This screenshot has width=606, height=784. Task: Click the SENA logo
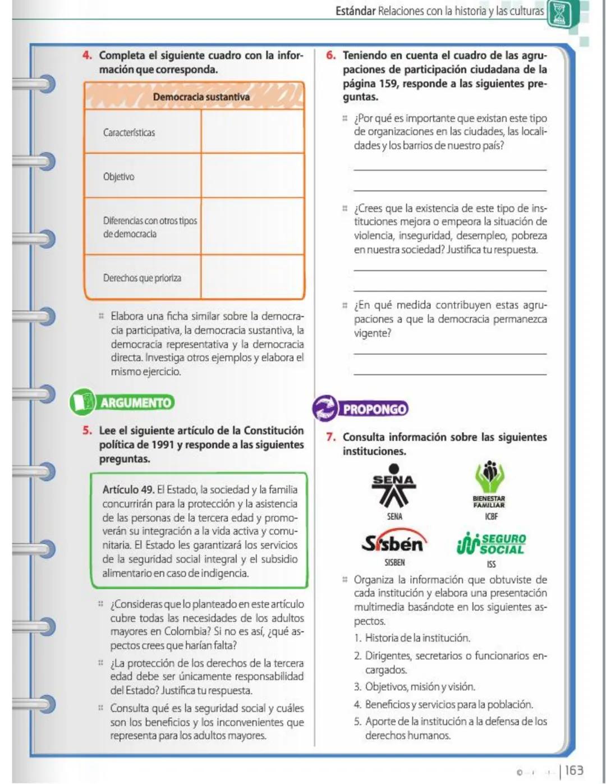point(394,486)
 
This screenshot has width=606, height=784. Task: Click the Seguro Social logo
point(492,543)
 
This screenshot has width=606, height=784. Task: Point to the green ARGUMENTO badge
point(122,402)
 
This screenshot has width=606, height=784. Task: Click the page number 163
point(573,771)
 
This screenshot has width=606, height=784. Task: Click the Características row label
point(129,133)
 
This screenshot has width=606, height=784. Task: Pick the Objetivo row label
point(118,177)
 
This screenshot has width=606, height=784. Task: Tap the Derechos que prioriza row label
point(142,278)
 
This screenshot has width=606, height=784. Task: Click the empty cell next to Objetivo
point(252,176)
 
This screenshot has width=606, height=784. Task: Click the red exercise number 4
point(87,56)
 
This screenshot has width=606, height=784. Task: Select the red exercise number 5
point(87,431)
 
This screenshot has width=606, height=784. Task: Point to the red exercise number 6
point(331,56)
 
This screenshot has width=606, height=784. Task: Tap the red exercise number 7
point(331,437)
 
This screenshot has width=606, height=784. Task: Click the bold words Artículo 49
point(128,490)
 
